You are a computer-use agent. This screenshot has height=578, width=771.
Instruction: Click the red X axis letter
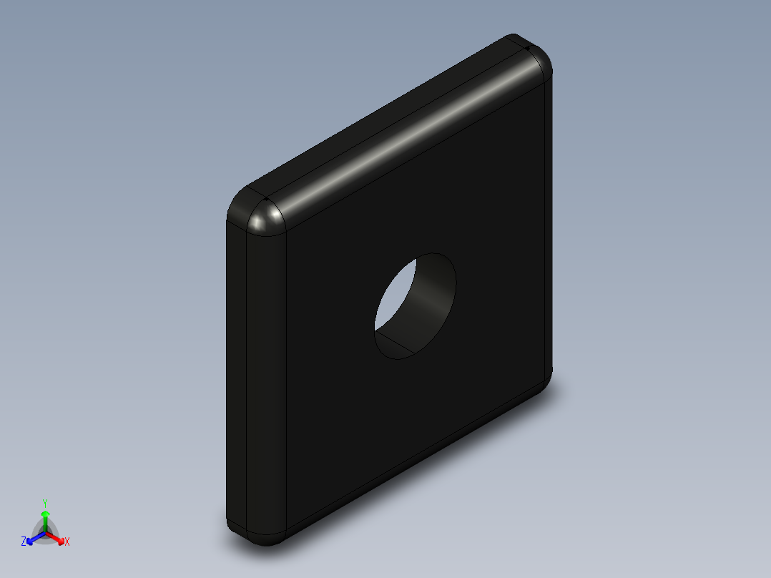(x=67, y=542)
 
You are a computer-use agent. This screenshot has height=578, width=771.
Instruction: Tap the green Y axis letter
(x=45, y=502)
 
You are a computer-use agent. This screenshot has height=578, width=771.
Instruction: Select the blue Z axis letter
(x=24, y=542)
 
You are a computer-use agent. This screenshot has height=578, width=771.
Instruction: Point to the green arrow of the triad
(x=45, y=518)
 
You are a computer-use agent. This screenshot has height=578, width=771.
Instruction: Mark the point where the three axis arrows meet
(x=45, y=532)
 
